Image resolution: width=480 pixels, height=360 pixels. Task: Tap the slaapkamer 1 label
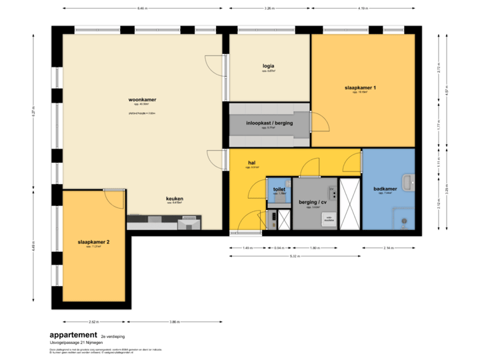click(x=361, y=88)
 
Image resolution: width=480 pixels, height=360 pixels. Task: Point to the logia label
click(x=269, y=66)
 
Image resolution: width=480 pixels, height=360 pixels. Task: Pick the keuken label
click(x=175, y=199)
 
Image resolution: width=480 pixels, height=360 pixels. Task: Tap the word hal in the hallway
click(x=252, y=163)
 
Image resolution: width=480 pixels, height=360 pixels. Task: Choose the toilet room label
click(x=279, y=190)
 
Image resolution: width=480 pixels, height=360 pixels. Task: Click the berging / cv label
click(x=313, y=202)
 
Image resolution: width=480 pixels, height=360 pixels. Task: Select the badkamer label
click(x=386, y=189)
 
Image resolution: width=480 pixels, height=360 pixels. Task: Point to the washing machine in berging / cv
click(x=328, y=221)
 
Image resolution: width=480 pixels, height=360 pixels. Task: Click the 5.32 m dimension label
click(x=293, y=256)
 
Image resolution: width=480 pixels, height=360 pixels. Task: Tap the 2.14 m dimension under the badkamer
click(x=388, y=247)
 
